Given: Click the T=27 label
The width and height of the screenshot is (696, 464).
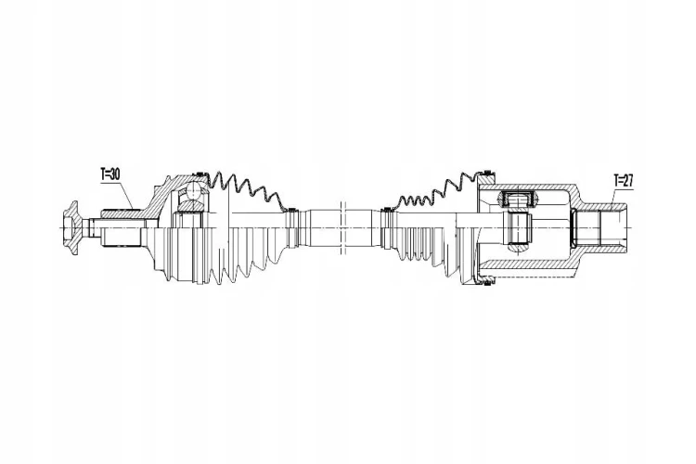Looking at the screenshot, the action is [x=623, y=180].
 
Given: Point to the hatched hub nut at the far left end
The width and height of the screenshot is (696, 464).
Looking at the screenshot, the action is [x=71, y=227].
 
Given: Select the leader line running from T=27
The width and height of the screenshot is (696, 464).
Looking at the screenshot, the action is [x=612, y=198].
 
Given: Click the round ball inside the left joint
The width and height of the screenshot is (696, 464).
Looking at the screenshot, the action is [x=194, y=191].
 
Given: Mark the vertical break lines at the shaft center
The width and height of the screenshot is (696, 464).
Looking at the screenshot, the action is [x=342, y=227].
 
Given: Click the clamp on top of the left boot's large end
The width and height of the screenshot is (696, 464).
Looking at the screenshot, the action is [x=199, y=174].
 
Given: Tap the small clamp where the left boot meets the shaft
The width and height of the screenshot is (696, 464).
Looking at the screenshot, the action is [x=291, y=210].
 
